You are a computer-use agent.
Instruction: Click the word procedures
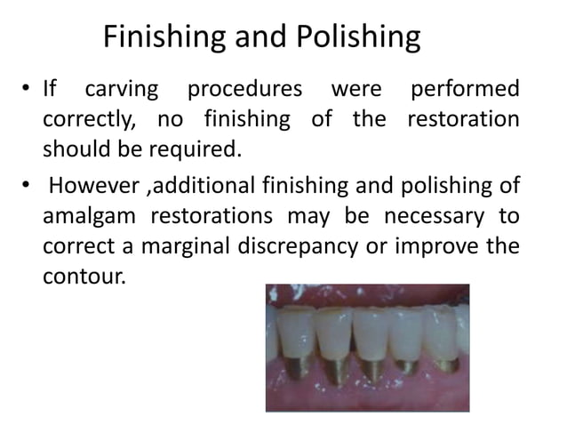[250, 91]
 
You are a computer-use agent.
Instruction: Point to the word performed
[462, 91]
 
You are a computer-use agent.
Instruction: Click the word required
[197, 148]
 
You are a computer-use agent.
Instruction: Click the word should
[74, 148]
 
